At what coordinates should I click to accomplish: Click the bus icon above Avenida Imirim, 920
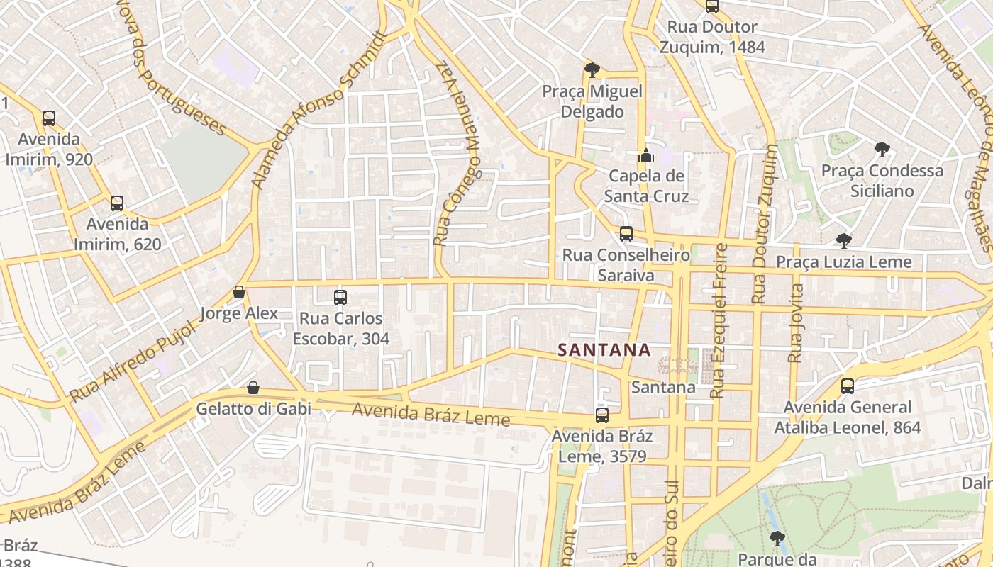point(49,118)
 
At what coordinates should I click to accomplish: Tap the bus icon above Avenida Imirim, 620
point(117,204)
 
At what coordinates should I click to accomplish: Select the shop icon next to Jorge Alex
point(239,293)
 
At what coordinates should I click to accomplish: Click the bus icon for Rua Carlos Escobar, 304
point(340,298)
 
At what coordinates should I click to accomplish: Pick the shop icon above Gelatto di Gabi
point(253,388)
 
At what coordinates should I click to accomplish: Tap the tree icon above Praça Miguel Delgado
point(592,69)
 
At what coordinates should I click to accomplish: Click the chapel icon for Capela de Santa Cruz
point(646,155)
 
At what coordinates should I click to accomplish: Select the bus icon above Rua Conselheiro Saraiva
point(626,234)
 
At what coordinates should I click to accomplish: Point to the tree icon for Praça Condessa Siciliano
point(882,150)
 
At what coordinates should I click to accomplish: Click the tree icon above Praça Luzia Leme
point(843,241)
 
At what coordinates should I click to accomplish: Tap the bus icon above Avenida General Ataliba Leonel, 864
point(848,386)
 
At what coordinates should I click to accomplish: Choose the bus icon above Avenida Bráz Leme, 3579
point(602,415)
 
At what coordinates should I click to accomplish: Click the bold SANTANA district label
point(604,350)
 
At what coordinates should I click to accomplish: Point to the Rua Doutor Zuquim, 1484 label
point(712,38)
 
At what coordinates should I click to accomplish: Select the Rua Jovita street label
point(795,323)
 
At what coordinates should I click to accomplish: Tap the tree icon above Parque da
point(777,538)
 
